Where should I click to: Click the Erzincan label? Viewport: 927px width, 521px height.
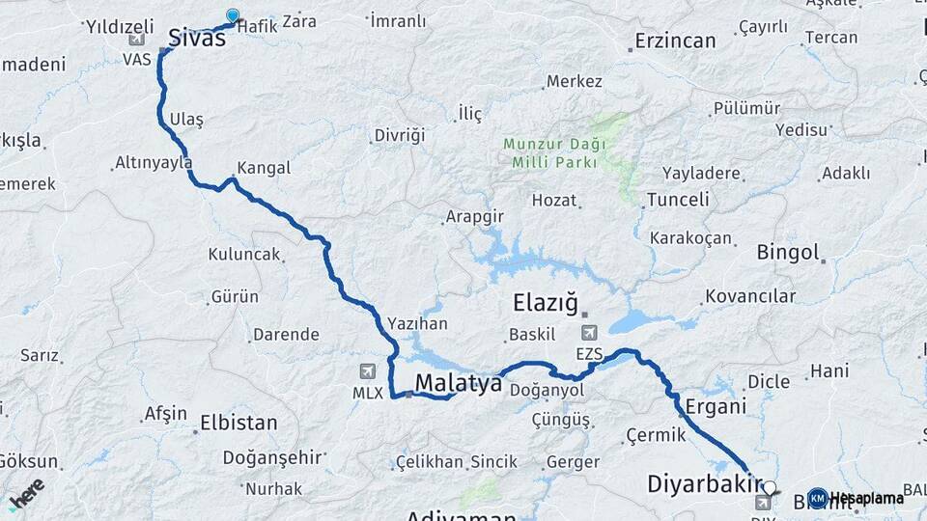[x=675, y=41]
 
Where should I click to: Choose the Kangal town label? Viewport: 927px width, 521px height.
[x=263, y=168]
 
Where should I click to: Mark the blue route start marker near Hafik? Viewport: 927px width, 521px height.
[x=233, y=15]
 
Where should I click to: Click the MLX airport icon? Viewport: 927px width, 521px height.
[x=367, y=371]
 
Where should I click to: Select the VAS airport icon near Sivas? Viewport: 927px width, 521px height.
[x=136, y=41]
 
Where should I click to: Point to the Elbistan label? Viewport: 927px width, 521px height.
[x=238, y=423]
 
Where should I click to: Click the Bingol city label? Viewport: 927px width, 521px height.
[x=787, y=253]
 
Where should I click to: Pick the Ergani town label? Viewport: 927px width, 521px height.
[x=716, y=406]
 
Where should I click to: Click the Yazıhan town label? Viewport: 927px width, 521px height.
[x=417, y=324]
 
